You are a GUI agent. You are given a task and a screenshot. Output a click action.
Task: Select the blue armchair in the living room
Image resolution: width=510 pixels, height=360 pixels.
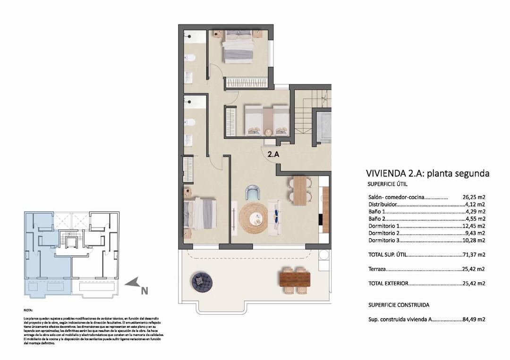click(253, 193)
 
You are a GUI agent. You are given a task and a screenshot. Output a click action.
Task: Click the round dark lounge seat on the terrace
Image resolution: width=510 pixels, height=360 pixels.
click(202, 282)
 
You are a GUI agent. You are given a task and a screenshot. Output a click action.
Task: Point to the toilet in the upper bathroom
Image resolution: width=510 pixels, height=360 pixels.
click(191, 59)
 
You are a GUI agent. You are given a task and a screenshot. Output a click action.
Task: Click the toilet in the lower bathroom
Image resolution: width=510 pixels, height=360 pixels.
click(191, 122)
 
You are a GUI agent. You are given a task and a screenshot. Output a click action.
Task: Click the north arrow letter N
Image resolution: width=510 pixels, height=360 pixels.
click(144, 291)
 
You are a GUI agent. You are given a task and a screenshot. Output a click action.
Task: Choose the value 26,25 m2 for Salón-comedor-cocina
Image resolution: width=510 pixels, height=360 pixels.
click(474, 198)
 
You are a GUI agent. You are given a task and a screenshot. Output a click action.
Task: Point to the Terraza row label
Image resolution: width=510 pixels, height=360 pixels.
click(376, 269)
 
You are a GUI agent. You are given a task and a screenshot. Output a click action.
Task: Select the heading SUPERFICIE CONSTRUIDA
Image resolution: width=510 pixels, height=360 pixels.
click(399, 305)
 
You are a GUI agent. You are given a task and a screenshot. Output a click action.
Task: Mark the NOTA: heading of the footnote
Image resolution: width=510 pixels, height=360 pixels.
click(28, 310)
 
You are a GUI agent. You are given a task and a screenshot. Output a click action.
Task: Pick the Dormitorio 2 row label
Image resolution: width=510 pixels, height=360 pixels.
click(384, 233)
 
